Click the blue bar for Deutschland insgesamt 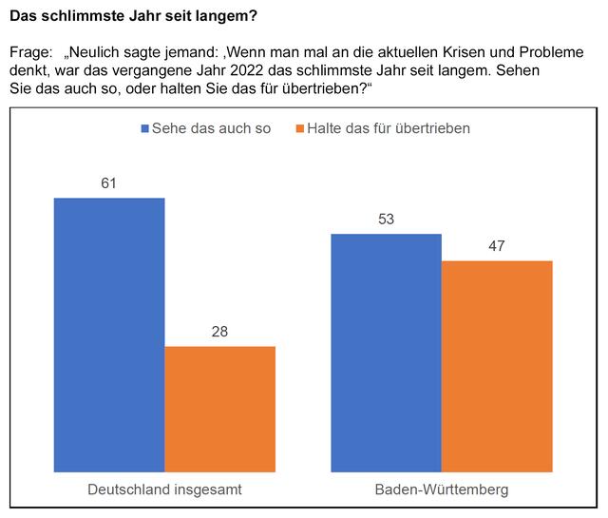point(109,333)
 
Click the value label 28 point(219,332)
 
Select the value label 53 point(386,220)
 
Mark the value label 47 point(497,246)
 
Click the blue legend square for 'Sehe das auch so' point(144,128)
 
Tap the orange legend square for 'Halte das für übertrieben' point(300,128)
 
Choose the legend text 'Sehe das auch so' point(211,128)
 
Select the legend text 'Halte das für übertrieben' point(389,128)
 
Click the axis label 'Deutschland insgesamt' point(164,490)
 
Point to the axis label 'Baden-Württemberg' point(442,490)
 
